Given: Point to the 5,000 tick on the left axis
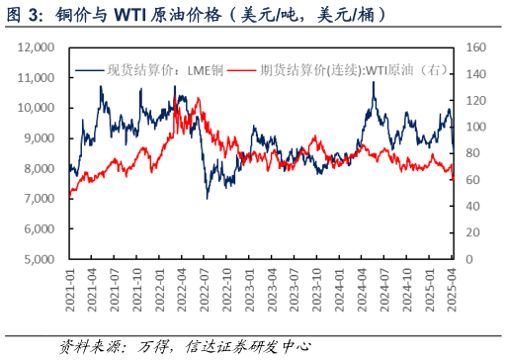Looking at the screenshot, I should click(x=39, y=259).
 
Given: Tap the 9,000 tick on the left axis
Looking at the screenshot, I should click(x=39, y=138).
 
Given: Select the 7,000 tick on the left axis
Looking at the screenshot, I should click(x=39, y=199).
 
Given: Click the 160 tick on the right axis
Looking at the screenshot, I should click(x=475, y=46).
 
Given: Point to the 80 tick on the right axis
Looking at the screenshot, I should click(x=472, y=153).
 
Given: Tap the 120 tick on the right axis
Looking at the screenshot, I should click(x=475, y=100).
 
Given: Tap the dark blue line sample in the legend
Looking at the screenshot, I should click(x=89, y=69).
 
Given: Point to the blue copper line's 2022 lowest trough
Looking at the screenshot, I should click(x=207, y=198).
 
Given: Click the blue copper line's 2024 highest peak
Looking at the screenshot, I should click(x=374, y=82).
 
